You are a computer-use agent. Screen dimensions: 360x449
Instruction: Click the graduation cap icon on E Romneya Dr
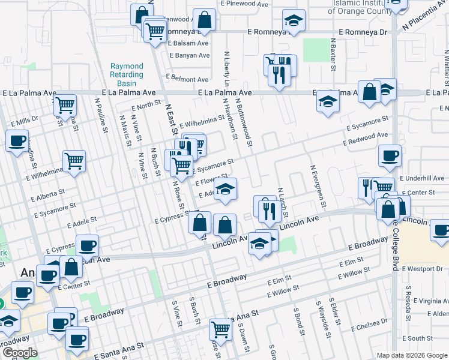pyautogui.click(x=294, y=22)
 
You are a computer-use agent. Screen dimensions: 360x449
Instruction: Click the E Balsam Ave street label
pyautogui.click(x=188, y=43)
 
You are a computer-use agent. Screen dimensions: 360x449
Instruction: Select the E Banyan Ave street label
pyautogui.click(x=189, y=55)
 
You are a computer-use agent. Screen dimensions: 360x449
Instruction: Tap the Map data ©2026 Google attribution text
pyautogui.click(x=412, y=355)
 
